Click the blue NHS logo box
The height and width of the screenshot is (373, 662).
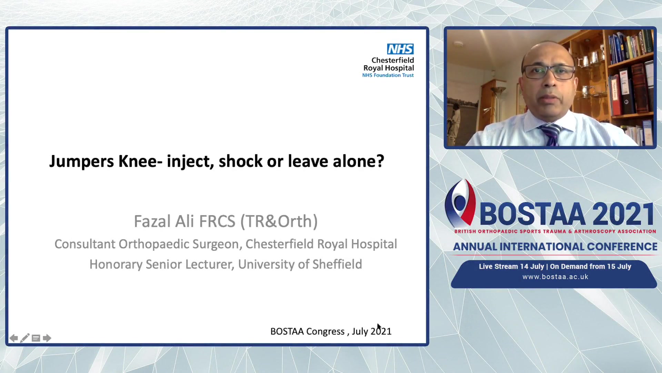click(400, 49)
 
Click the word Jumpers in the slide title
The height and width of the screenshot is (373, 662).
click(81, 161)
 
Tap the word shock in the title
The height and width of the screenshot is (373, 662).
click(241, 161)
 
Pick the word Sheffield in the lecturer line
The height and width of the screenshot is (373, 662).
click(337, 264)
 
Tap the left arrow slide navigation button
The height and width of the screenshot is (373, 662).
click(13, 338)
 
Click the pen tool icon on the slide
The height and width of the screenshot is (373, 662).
click(24, 338)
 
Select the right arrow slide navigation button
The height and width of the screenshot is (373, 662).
click(47, 338)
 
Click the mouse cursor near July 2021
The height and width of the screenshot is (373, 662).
click(379, 327)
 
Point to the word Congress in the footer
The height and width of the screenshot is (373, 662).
click(325, 332)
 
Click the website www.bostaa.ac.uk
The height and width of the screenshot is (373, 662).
click(555, 277)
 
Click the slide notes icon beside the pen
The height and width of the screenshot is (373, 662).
click(36, 338)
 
